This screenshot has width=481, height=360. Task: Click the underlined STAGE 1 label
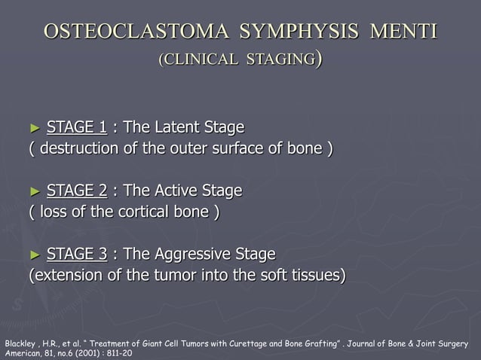[76, 126]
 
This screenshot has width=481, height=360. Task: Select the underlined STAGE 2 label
[76, 191]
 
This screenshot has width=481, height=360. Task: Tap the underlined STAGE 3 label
[76, 254]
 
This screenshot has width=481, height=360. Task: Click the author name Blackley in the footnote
[20, 343]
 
